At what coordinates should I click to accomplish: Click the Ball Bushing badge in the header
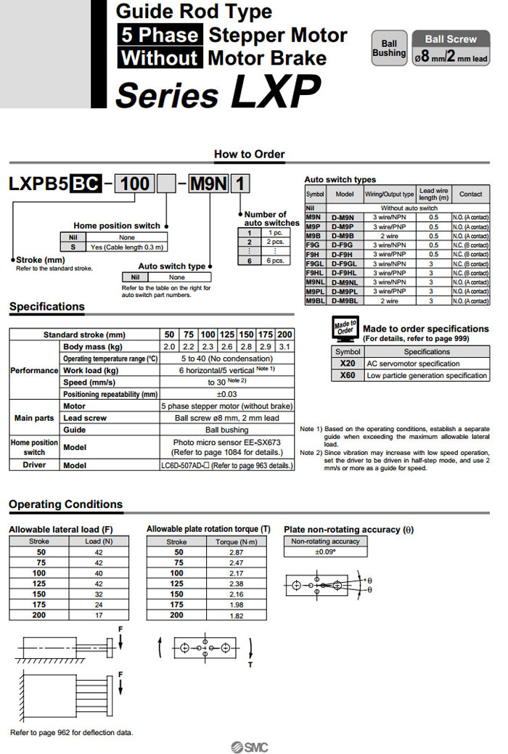(x=389, y=48)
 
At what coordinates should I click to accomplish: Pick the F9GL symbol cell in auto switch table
(x=315, y=263)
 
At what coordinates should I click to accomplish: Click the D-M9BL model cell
(x=343, y=300)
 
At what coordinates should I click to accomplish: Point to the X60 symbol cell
(x=347, y=375)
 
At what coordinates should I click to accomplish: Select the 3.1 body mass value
(x=285, y=347)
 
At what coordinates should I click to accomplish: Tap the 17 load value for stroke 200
(x=99, y=615)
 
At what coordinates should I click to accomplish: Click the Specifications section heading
(x=47, y=307)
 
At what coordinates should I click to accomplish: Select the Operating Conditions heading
(x=65, y=504)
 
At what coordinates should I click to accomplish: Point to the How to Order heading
(x=250, y=154)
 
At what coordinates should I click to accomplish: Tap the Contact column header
(x=470, y=194)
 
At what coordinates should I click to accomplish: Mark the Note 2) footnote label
(x=311, y=453)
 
